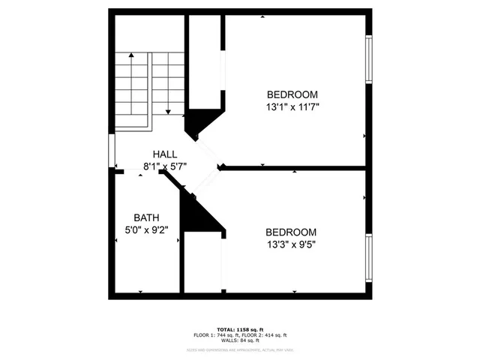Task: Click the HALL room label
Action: click(165, 154)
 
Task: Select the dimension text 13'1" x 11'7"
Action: click(292, 107)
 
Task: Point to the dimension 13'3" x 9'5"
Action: click(292, 244)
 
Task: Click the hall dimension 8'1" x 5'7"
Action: click(165, 166)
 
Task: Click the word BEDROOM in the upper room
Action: click(292, 94)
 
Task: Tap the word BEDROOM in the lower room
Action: click(292, 232)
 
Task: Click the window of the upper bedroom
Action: click(368, 58)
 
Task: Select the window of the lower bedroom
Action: click(368, 259)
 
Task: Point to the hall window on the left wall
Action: click(112, 151)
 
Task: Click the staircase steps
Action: click(149, 82)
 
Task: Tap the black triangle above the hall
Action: click(200, 121)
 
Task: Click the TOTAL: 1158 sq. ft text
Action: click(240, 329)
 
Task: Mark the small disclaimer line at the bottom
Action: click(240, 349)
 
